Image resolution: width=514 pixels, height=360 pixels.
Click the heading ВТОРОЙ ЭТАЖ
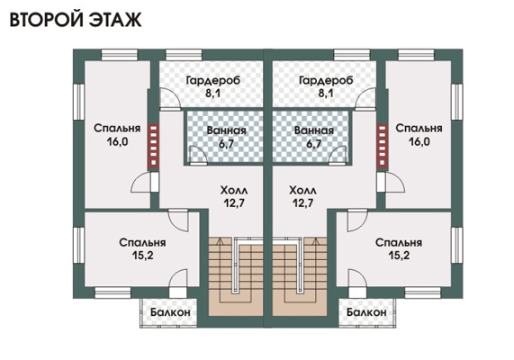click(76, 19)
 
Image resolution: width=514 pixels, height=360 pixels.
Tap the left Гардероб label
click(213, 80)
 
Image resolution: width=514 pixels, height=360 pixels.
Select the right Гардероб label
click(326, 80)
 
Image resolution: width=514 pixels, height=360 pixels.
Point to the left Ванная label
click(226, 130)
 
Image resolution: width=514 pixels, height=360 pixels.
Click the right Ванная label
click(313, 130)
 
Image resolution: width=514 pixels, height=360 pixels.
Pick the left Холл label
click(234, 190)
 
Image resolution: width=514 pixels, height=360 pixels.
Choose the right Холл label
click(302, 190)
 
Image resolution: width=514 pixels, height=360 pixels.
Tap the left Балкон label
click(170, 312)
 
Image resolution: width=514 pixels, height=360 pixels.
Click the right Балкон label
click(366, 312)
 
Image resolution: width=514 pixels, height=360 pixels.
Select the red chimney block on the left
click(153, 145)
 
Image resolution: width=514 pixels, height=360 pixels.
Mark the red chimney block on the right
click(382, 145)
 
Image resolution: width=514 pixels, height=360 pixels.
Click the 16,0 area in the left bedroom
click(117, 142)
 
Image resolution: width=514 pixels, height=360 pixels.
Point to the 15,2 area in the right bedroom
click(399, 255)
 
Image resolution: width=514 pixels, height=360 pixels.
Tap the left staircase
click(235, 276)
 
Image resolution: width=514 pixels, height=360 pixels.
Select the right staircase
click(300, 276)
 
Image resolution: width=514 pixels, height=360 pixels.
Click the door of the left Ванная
click(198, 155)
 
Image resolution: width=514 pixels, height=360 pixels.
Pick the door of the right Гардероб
click(365, 98)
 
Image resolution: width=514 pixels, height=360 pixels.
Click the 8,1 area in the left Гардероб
click(213, 94)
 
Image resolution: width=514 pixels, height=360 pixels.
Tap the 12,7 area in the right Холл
click(302, 203)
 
